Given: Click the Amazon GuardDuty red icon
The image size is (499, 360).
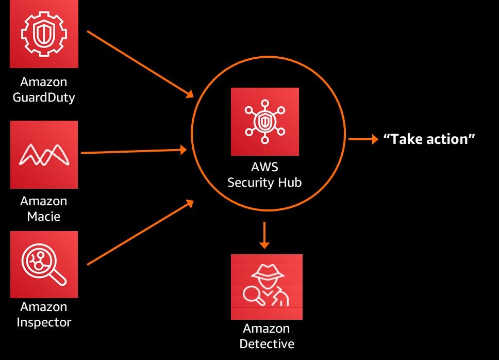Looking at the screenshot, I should point(44,34).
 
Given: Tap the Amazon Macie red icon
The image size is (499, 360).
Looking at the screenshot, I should point(44,154).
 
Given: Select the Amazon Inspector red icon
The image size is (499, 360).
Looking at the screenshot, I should point(44,264).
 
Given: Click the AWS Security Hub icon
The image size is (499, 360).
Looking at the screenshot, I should point(264,122).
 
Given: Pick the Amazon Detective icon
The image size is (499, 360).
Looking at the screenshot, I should point(267,287).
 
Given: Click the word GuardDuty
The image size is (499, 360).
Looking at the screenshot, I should point(44,97).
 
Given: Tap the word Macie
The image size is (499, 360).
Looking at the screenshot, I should point(44,216).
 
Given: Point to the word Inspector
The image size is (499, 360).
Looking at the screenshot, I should point(44,322).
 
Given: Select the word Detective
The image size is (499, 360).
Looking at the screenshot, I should point(267,344).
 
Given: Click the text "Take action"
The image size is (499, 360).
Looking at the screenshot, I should point(429,139).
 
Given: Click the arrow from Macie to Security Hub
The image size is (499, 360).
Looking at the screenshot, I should point(134,152).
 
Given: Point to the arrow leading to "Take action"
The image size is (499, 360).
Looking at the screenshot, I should point(363,139).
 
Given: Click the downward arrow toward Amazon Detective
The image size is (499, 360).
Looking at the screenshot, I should point(264,235).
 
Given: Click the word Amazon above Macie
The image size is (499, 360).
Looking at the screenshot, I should point(44,201).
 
